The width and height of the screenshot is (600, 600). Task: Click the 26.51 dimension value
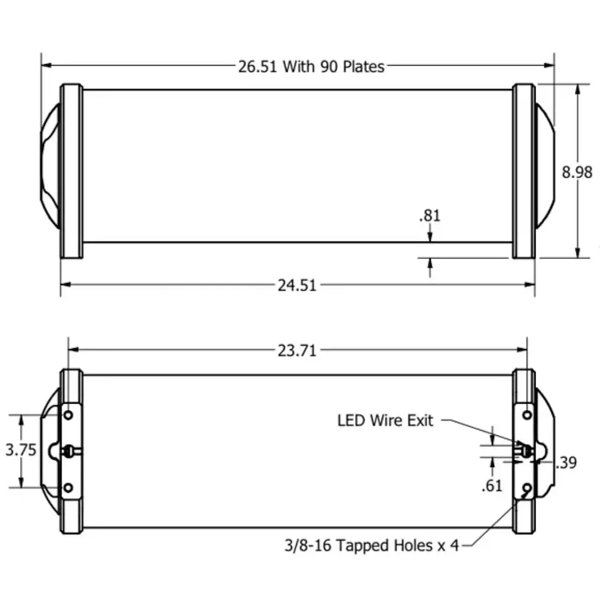257,67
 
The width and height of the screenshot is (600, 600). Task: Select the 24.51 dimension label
298,285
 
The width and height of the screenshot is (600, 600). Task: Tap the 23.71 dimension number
298,350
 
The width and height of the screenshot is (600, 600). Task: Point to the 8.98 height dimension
577,172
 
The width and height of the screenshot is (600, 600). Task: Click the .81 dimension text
430,216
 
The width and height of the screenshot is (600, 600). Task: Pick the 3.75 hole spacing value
21,450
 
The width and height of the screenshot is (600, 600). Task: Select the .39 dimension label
566,463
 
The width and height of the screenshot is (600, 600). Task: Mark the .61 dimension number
492,486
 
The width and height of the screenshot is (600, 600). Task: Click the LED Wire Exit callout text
385,421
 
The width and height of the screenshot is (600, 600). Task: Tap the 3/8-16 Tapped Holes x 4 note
372,546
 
